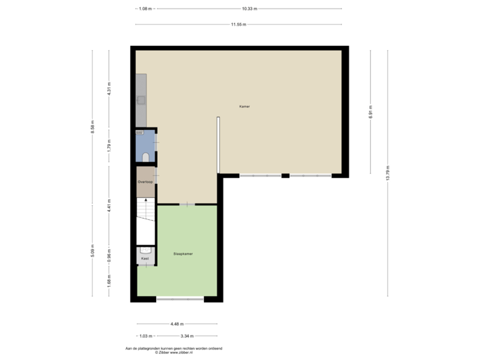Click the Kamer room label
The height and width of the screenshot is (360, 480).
(245, 107)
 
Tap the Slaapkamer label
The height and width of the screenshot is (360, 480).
(183, 253)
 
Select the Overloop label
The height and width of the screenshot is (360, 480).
(146, 181)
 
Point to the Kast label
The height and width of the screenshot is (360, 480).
(145, 257)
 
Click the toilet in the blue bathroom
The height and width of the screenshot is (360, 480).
(146, 157)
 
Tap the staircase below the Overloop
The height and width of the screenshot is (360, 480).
(145, 209)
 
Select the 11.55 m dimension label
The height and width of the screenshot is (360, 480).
(239, 25)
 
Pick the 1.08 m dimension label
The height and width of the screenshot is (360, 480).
(145, 9)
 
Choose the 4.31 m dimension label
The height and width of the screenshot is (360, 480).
(109, 89)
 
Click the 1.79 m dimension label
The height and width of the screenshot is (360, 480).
(109, 145)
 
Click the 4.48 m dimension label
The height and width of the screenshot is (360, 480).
(177, 323)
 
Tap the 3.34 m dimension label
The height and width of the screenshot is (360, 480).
(187, 335)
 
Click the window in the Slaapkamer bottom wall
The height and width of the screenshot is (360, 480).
(180, 300)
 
